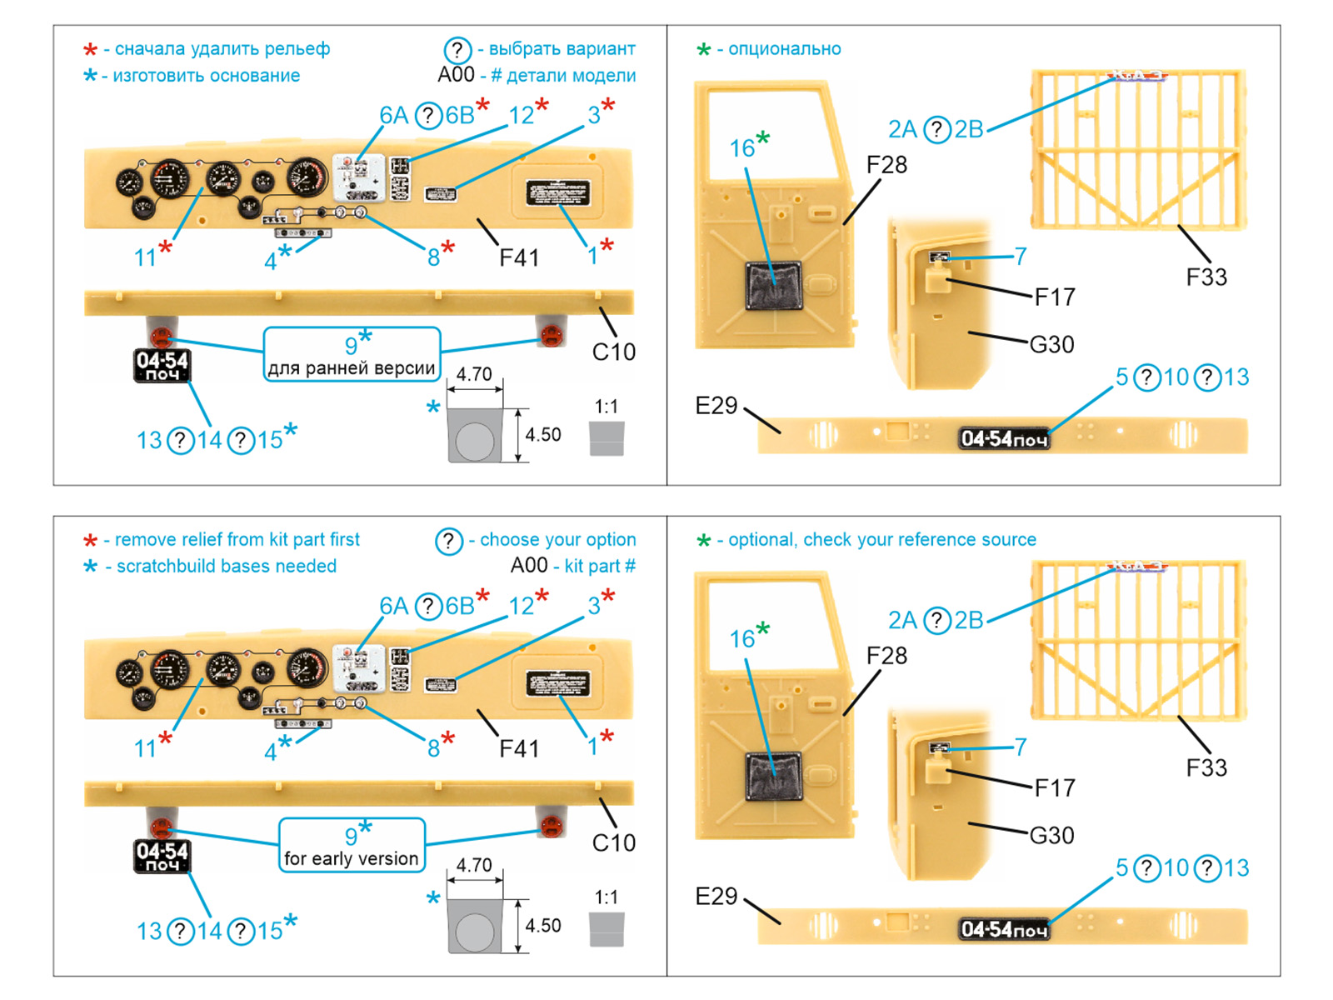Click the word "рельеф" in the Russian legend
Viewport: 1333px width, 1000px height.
(298, 49)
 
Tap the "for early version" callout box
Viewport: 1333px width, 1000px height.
(352, 846)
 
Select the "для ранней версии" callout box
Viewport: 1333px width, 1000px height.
(352, 355)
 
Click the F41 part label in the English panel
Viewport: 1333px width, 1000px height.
(519, 748)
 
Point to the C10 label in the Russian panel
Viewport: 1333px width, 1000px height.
(614, 352)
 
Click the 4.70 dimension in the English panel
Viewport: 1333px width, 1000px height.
(474, 865)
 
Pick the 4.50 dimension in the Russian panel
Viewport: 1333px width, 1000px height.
(542, 435)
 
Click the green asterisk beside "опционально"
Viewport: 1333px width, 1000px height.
(704, 50)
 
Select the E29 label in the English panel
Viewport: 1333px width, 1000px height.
(716, 897)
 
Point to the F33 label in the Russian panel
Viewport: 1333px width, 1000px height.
(1206, 277)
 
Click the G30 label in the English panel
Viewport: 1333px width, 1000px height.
(1051, 835)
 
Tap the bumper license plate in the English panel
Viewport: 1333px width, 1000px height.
(1004, 929)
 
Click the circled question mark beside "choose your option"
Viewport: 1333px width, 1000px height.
(448, 541)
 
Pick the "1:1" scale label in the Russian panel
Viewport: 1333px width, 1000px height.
(607, 407)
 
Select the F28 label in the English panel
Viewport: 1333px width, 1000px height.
(886, 656)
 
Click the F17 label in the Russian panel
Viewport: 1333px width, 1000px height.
(1055, 297)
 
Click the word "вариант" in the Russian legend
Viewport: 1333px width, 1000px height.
(603, 49)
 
